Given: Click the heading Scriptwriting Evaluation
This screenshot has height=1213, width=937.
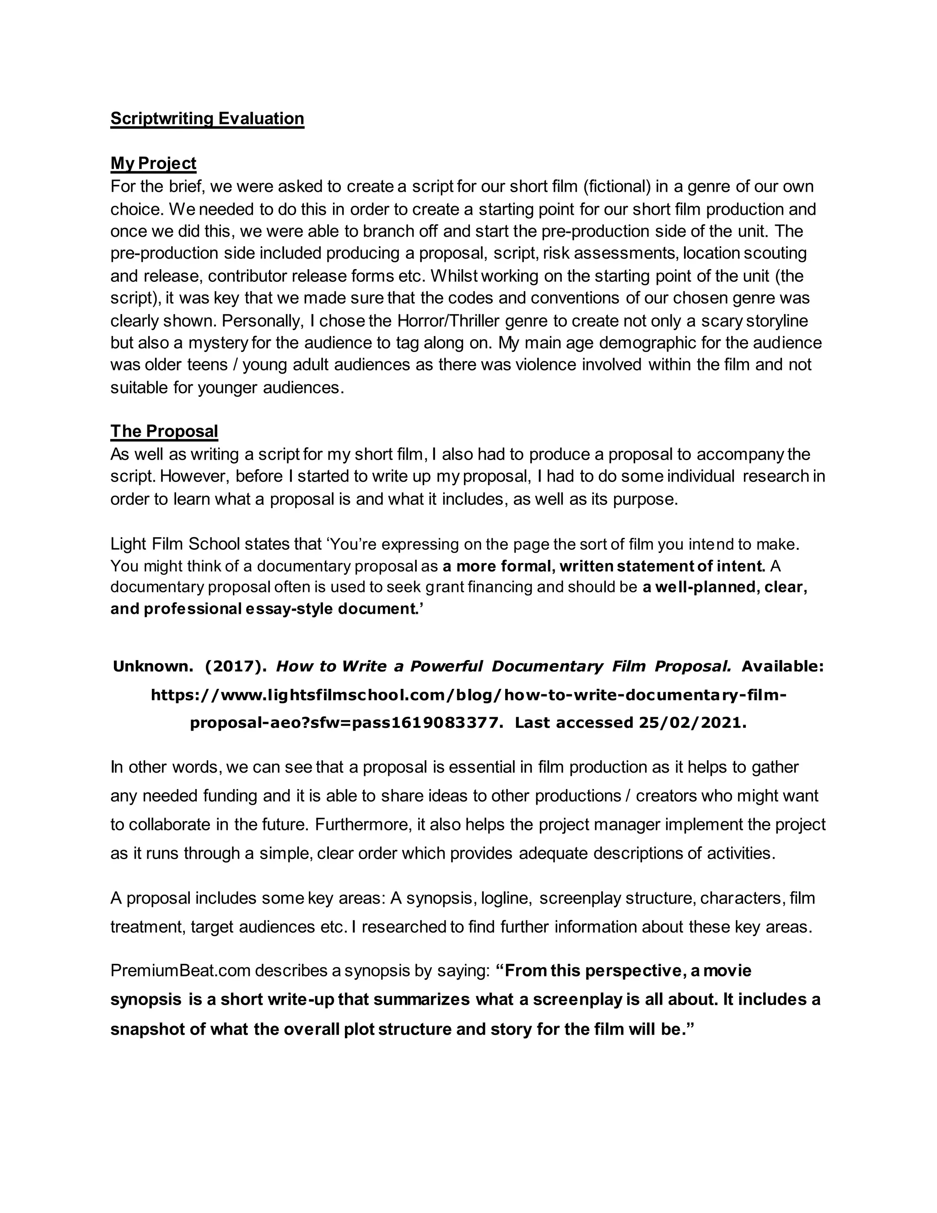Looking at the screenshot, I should click(x=207, y=118).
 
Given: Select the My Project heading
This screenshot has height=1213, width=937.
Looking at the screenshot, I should click(x=153, y=163).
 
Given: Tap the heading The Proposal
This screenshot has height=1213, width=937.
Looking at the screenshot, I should click(x=164, y=431).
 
